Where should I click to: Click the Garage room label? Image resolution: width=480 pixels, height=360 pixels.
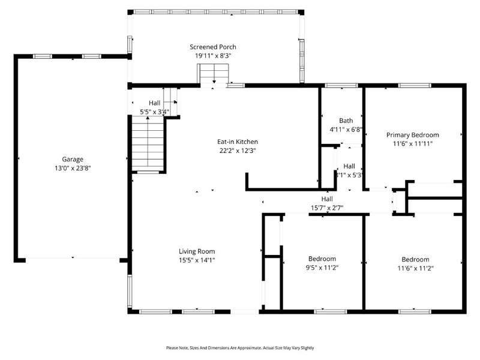click(x=73, y=159)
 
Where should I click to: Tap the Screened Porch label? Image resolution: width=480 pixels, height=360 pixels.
click(x=213, y=47)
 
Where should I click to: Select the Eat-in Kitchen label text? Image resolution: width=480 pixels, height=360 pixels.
click(x=238, y=142)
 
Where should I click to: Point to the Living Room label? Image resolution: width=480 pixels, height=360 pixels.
click(x=197, y=251)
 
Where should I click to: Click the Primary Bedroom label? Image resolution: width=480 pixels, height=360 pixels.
click(x=413, y=135)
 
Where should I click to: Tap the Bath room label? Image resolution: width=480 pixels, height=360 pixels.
click(x=346, y=121)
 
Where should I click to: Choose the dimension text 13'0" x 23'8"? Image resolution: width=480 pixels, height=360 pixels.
click(x=73, y=168)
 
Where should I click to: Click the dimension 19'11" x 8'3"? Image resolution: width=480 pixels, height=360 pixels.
click(x=213, y=56)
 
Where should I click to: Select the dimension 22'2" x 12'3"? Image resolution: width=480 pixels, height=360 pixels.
click(x=238, y=151)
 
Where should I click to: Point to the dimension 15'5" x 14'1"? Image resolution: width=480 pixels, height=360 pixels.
click(x=197, y=260)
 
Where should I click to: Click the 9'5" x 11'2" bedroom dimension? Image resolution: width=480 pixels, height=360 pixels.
click(x=322, y=268)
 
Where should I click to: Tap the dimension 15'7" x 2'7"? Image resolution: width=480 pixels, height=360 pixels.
click(x=327, y=208)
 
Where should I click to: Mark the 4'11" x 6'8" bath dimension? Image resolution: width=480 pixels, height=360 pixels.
click(x=346, y=130)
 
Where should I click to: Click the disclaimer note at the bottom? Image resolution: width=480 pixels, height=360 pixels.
click(x=240, y=348)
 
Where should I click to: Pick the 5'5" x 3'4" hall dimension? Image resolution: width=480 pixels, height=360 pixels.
click(x=154, y=112)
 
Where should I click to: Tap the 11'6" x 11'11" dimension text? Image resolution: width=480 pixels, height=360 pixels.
click(x=413, y=143)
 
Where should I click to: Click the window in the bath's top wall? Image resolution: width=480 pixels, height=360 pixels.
click(x=341, y=85)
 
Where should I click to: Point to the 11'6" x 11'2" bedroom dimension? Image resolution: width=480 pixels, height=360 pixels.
click(x=415, y=268)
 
